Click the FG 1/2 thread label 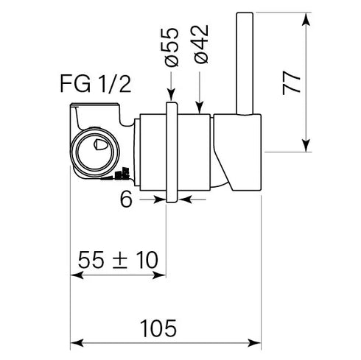[x=95, y=84]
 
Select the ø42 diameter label [x=201, y=44]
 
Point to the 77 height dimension [x=292, y=83]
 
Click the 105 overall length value [x=158, y=328]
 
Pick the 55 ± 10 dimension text [x=118, y=260]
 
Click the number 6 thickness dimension [x=126, y=200]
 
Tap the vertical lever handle [x=245, y=63]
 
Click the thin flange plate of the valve [x=172, y=152]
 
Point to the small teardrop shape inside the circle [x=100, y=144]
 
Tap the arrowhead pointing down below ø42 [x=200, y=107]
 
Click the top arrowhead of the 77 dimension [x=306, y=19]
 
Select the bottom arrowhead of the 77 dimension [x=306, y=146]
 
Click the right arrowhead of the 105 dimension [x=254, y=343]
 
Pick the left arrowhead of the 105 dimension [x=77, y=343]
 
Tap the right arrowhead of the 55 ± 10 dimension [x=159, y=275]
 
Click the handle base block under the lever [x=237, y=152]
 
